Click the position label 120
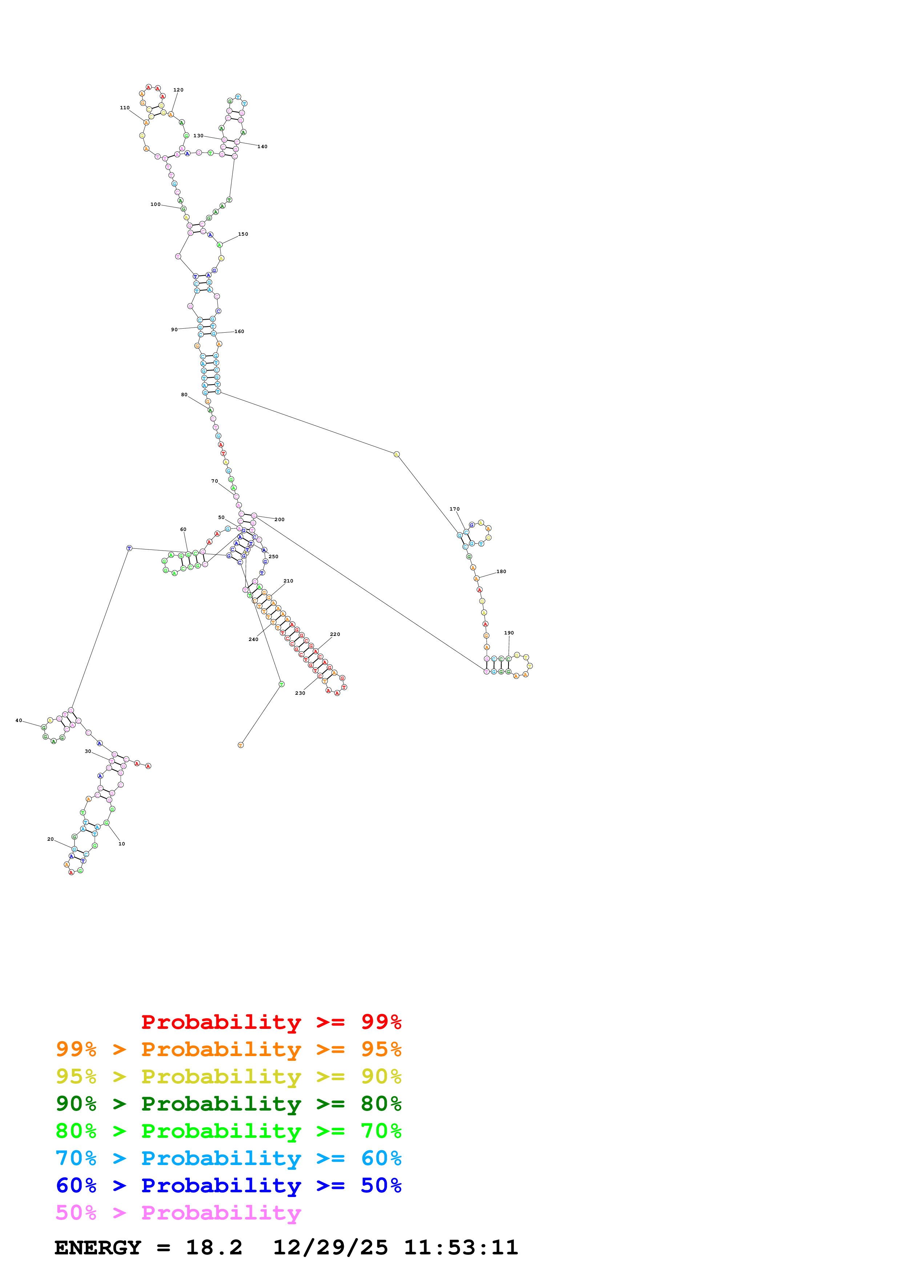(178, 90)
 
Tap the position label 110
(125, 107)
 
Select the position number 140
(262, 146)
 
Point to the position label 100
(156, 204)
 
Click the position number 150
(243, 234)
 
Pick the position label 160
(239, 331)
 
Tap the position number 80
(184, 394)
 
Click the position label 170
(455, 509)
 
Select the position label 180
(501, 572)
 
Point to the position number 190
(509, 633)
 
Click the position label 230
(300, 693)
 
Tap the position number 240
(254, 639)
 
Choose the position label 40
(19, 720)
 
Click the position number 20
(51, 839)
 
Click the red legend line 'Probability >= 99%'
(271, 1022)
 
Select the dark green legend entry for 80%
(228, 1104)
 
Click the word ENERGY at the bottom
(98, 1247)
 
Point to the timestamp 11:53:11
(461, 1247)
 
